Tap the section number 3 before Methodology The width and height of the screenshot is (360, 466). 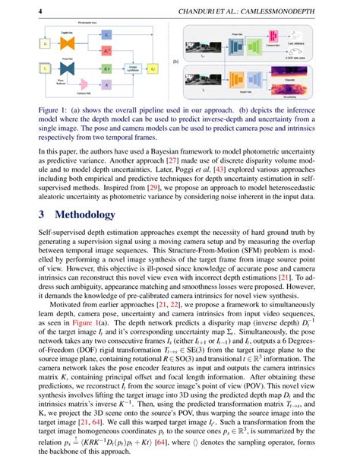pos(43,214)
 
